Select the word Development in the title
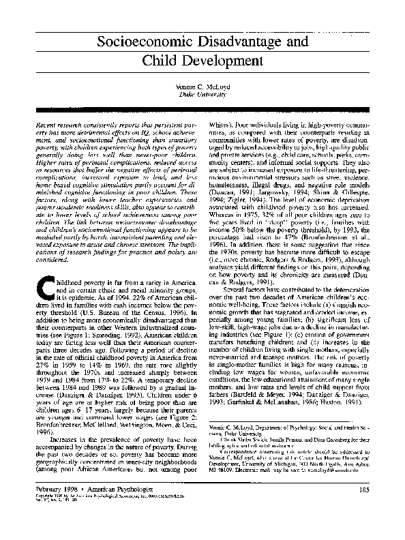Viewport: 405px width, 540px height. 226,63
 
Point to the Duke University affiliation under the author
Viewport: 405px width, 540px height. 202,99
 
